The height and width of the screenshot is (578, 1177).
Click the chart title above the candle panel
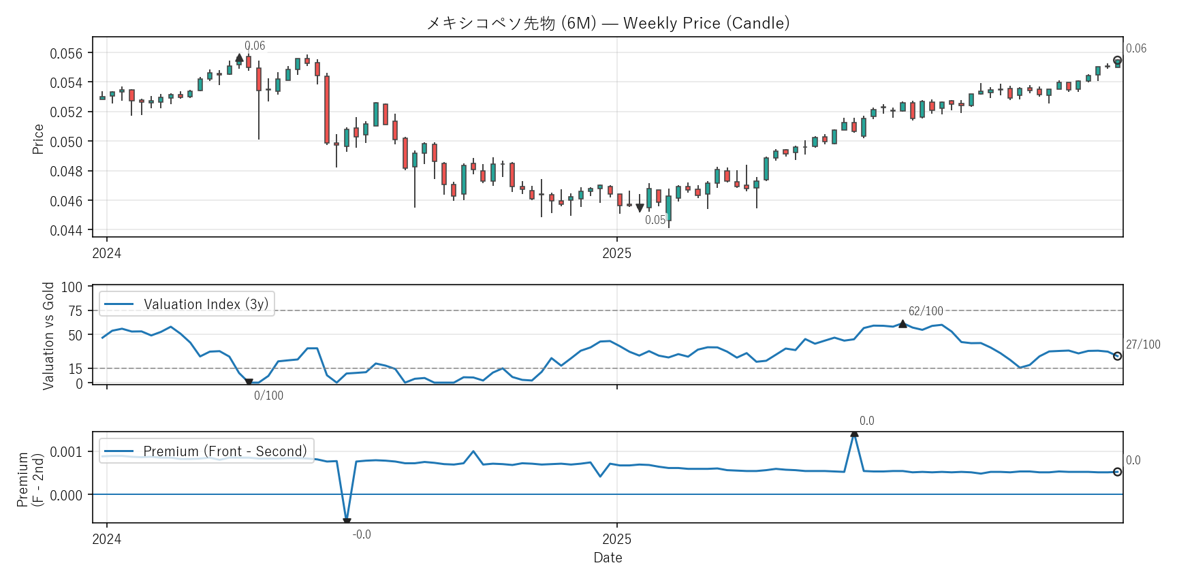pyautogui.click(x=608, y=23)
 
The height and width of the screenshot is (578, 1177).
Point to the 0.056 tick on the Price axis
pyautogui.click(x=66, y=53)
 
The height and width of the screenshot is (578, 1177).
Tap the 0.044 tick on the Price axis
pyautogui.click(x=66, y=230)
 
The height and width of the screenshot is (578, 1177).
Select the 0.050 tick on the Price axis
pyautogui.click(x=66, y=142)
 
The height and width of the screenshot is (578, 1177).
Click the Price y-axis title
pyautogui.click(x=38, y=139)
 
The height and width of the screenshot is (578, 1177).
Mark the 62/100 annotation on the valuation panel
pyautogui.click(x=926, y=311)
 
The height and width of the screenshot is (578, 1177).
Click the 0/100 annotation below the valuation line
pyautogui.click(x=268, y=396)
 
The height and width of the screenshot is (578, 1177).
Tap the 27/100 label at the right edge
pyautogui.click(x=1142, y=344)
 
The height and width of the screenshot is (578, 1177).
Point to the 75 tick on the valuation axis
pyautogui.click(x=75, y=311)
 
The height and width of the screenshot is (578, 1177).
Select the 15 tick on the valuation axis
pyautogui.click(x=75, y=368)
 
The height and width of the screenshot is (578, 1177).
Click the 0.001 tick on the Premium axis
pyautogui.click(x=66, y=451)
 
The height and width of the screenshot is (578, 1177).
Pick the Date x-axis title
pyautogui.click(x=608, y=558)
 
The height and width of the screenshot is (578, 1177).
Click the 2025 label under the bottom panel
pyautogui.click(x=616, y=539)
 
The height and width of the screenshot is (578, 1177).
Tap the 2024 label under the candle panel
pyautogui.click(x=107, y=253)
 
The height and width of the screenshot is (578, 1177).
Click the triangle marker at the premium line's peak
pyautogui.click(x=854, y=433)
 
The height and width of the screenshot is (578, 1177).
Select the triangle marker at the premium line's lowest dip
pyautogui.click(x=347, y=521)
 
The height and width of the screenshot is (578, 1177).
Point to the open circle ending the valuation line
pyautogui.click(x=1117, y=356)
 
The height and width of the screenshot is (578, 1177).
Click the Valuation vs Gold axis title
pyautogui.click(x=48, y=336)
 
